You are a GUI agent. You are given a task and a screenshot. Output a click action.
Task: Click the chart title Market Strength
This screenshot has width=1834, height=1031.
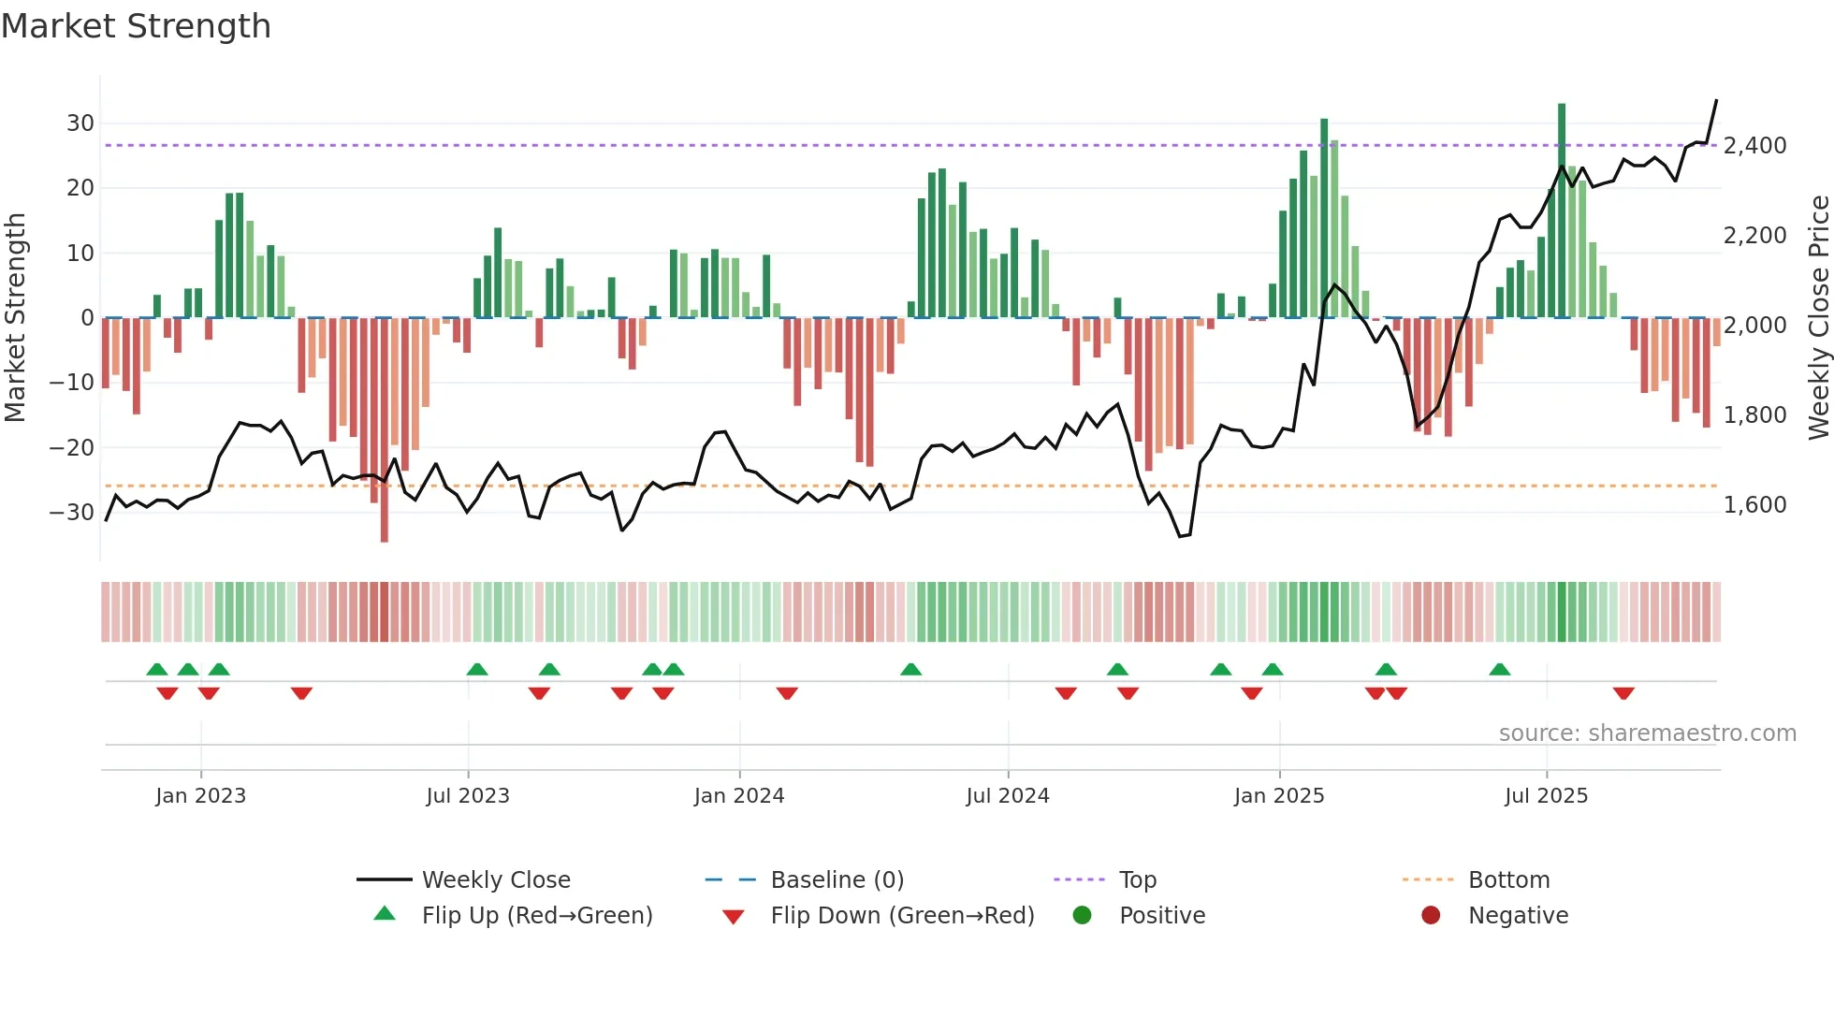[x=136, y=26]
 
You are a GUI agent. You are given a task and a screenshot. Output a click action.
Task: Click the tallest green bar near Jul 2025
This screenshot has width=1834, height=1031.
[x=1562, y=211]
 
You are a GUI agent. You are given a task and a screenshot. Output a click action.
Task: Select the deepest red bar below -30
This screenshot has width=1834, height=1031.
[x=385, y=429]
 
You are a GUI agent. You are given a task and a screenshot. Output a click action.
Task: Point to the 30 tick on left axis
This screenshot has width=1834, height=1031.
[x=80, y=123]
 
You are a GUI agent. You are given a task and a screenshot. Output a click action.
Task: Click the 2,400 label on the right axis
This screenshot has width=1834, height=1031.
[x=1754, y=146]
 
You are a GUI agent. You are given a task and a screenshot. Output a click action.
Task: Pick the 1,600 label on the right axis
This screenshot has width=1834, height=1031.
[x=1754, y=505]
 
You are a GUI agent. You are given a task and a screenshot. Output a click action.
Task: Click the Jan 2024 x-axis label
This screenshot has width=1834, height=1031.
[x=739, y=796]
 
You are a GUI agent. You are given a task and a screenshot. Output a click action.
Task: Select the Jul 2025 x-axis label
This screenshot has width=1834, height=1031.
[x=1546, y=796]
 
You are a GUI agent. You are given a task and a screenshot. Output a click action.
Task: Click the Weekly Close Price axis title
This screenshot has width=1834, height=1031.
[x=1818, y=318]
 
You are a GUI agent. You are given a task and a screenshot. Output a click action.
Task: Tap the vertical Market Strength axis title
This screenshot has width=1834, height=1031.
[x=15, y=318]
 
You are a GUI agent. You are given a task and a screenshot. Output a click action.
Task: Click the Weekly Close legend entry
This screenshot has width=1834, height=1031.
[x=496, y=880]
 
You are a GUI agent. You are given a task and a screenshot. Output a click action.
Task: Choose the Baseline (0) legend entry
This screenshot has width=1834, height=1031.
[x=837, y=880]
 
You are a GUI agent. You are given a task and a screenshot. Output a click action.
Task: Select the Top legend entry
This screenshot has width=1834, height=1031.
[x=1138, y=880]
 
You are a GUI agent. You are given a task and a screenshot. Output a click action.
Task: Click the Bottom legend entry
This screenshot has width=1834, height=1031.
[x=1508, y=880]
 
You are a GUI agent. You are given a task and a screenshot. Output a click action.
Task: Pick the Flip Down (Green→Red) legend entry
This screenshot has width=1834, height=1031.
[x=902, y=916]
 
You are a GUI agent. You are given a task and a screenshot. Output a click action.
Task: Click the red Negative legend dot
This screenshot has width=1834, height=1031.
[x=1431, y=916]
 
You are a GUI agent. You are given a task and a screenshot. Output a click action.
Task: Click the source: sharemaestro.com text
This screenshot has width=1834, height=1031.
[x=1647, y=733]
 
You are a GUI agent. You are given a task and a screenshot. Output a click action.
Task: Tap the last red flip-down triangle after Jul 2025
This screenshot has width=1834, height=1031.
[x=1623, y=693]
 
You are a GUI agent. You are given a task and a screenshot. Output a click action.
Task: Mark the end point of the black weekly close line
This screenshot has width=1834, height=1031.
[x=1716, y=100]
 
